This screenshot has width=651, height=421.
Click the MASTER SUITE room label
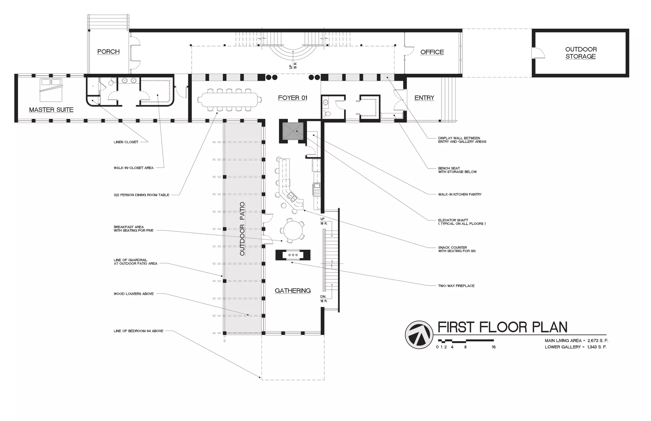(x=51, y=110)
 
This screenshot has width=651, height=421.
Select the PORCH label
(x=108, y=51)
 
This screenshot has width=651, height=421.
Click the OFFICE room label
(x=432, y=52)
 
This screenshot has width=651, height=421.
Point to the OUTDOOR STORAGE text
(x=581, y=53)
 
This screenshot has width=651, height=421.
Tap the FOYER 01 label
(x=292, y=98)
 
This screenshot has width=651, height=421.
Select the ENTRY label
(x=424, y=98)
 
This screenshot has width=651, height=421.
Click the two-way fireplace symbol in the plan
(x=292, y=255)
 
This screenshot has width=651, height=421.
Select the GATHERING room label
(x=292, y=290)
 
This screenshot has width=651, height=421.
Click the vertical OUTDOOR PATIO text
(x=242, y=229)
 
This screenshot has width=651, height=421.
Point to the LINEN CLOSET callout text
(x=126, y=142)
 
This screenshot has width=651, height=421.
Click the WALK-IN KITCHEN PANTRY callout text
(x=460, y=194)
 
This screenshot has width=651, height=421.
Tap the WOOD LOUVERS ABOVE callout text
(x=134, y=294)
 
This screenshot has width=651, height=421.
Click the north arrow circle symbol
(x=419, y=335)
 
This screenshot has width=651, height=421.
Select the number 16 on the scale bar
(x=493, y=347)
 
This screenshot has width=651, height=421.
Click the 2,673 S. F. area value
(x=598, y=341)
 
